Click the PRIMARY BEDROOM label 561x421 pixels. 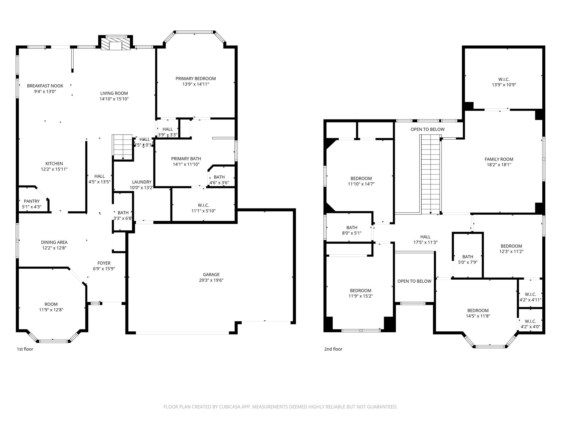[x=196, y=79]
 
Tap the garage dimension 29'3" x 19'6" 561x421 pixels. [x=211, y=280]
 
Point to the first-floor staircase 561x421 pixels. [x=123, y=147]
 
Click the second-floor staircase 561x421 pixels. [x=430, y=175]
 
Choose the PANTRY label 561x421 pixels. [x=32, y=201]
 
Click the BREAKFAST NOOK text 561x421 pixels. [x=45, y=86]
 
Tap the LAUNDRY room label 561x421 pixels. [x=142, y=182]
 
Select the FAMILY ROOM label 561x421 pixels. [x=499, y=159]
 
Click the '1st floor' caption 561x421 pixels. [x=25, y=349]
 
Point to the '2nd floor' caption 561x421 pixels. [x=333, y=349]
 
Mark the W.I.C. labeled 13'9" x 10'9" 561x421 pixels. [x=504, y=82]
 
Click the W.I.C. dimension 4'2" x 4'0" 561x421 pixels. [x=530, y=327]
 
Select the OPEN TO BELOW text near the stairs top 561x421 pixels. [x=427, y=129]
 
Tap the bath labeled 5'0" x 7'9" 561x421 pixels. [x=468, y=259]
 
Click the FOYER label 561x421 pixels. [x=104, y=263]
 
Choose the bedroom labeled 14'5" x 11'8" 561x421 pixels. [x=478, y=313]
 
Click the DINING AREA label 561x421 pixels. [x=54, y=242]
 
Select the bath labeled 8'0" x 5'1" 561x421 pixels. [x=352, y=230]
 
